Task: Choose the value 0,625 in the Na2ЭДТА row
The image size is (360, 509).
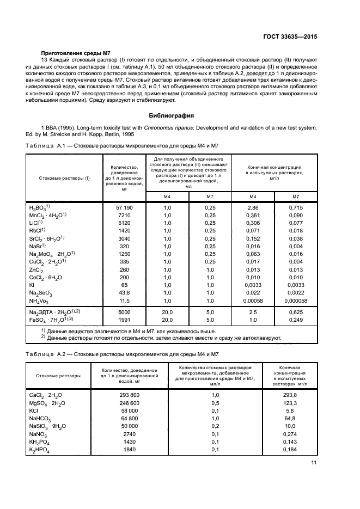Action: [x=296, y=312]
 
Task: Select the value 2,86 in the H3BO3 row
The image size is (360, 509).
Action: [x=252, y=208]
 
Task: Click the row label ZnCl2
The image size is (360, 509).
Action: [x=36, y=269]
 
